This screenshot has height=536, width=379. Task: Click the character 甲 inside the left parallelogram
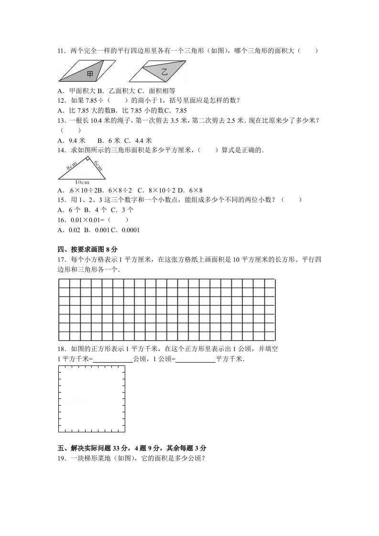tap(90, 74)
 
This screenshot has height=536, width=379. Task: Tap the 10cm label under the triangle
tap(82, 182)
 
